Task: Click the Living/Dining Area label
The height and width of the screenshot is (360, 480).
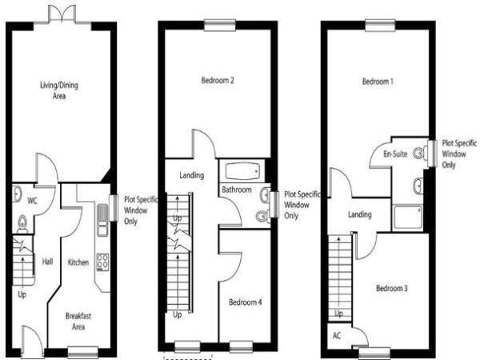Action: (59, 90)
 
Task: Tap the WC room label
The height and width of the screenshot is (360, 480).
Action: (32, 201)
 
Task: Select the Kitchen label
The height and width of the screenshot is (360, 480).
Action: (78, 262)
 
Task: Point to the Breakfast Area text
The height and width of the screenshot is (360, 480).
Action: (78, 321)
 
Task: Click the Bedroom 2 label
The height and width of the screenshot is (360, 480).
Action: (218, 80)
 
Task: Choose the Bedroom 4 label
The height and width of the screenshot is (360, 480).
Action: (246, 302)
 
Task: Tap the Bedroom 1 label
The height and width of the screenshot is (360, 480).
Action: (378, 82)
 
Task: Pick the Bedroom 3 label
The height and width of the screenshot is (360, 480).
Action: (391, 288)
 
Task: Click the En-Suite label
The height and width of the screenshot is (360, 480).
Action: (395, 154)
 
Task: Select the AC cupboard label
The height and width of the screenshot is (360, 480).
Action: (337, 336)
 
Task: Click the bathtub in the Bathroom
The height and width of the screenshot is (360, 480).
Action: (242, 171)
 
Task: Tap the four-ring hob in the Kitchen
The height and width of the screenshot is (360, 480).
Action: (102, 262)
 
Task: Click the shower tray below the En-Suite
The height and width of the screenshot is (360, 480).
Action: (408, 218)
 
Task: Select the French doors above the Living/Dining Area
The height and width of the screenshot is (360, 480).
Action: (62, 14)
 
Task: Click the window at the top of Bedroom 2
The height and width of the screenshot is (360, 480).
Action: (220, 26)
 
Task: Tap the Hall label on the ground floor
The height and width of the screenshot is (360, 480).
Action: (47, 262)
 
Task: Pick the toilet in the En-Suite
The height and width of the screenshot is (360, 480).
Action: (421, 153)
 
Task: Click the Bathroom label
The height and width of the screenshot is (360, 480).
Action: (237, 190)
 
